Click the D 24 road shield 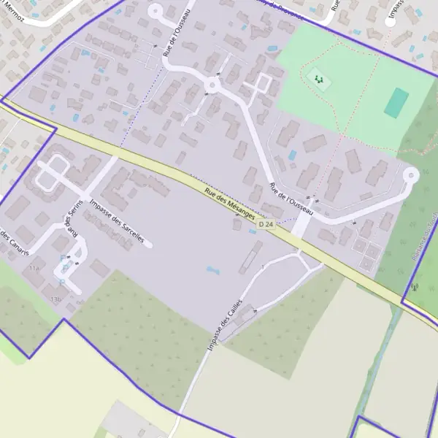tap(266, 224)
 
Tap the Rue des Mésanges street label tap(230, 205)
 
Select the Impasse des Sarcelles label tap(117, 221)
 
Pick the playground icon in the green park tap(317, 77)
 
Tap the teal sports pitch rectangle tap(396, 103)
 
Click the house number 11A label tap(34, 269)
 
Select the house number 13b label tap(55, 299)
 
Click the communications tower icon tap(414, 287)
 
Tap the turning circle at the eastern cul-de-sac tap(410, 174)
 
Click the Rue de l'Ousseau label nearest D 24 tap(291, 199)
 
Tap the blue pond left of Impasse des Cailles tap(212, 270)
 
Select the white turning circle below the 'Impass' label tap(390, 22)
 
